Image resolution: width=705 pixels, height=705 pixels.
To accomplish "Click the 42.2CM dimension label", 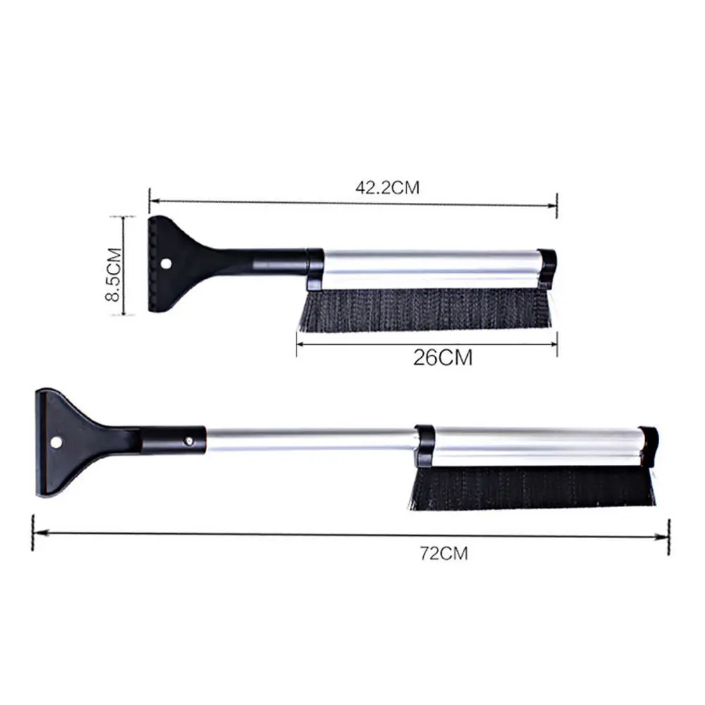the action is point(387,187).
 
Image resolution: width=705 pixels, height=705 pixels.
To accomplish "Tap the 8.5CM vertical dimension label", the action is point(113,274).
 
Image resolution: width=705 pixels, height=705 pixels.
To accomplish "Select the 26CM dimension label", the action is point(443,358).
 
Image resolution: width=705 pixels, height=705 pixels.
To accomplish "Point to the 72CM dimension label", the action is point(444,553).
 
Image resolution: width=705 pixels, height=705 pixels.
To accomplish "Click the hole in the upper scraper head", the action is point(167,263).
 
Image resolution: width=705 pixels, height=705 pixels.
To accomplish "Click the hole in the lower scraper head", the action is point(56,442).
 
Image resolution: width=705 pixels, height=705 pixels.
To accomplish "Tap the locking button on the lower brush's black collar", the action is point(189,442).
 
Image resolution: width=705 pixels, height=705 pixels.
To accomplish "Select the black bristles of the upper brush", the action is point(426,308).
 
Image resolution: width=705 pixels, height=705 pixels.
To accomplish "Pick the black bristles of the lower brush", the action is point(534,488).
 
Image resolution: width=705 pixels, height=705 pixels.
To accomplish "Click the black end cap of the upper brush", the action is point(547,268).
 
